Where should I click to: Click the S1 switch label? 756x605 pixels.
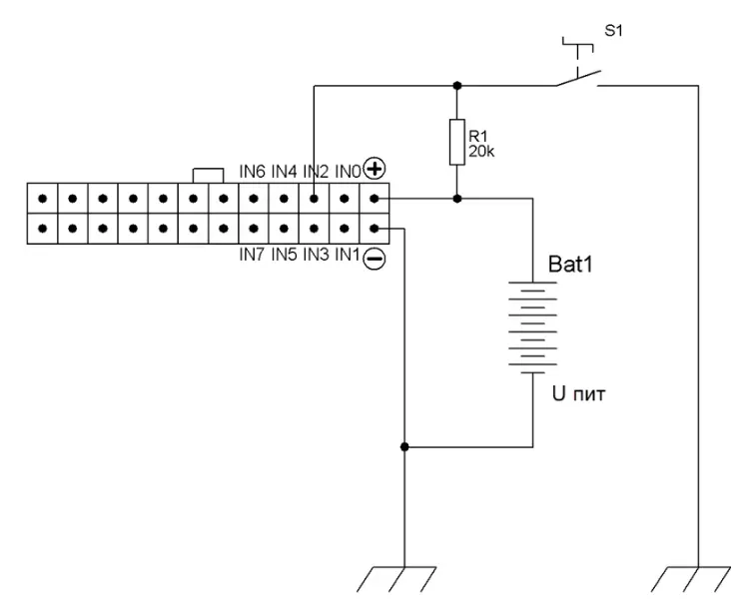(613, 31)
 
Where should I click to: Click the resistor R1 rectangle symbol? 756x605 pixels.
(457, 142)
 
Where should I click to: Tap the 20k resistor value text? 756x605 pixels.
(481, 152)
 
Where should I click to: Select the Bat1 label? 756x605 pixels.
(570, 265)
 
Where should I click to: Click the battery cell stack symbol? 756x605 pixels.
(532, 326)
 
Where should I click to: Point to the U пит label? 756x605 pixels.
(578, 394)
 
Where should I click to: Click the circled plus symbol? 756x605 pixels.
(375, 169)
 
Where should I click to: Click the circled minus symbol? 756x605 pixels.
(375, 259)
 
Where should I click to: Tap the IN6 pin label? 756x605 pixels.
(252, 171)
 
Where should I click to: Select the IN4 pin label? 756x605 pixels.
(284, 171)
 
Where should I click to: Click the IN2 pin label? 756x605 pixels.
(316, 171)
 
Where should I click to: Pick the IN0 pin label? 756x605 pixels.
(348, 171)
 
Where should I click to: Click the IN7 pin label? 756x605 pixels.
(252, 254)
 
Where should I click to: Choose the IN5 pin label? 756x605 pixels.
(284, 254)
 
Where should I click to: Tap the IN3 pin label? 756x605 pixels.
(316, 254)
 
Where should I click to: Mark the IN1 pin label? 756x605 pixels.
(348, 254)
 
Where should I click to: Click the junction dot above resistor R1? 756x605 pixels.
(457, 86)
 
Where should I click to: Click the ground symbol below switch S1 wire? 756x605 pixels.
(691, 579)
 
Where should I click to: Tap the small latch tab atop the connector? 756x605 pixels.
(208, 176)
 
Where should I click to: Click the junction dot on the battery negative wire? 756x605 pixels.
(404, 447)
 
